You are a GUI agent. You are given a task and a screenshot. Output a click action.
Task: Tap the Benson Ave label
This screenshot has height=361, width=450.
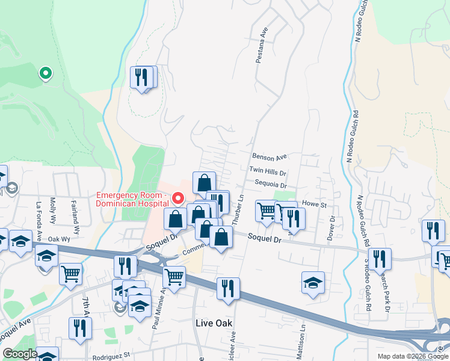[x=270, y=157]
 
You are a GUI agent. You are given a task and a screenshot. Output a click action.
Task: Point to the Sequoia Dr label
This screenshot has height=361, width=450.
[x=270, y=186]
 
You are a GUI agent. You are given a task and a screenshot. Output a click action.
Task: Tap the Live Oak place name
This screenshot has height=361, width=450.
[x=214, y=323]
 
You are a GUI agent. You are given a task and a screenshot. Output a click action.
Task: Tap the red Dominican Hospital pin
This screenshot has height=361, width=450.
[x=177, y=197]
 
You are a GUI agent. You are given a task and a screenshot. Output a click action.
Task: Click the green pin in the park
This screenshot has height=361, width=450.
[x=45, y=73]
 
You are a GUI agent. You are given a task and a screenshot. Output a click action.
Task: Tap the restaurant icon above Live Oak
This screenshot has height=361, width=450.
[x=228, y=288]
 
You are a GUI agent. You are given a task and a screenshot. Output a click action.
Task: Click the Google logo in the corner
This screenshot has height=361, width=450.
[x=19, y=354]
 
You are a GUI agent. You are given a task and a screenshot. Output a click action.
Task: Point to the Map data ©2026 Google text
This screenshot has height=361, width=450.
[x=413, y=356]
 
